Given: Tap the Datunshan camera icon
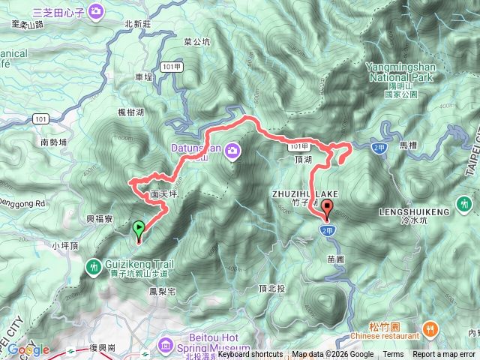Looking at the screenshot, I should click(233, 151).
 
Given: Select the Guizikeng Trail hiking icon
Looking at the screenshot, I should click(94, 265).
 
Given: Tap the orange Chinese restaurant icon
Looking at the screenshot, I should click(430, 328).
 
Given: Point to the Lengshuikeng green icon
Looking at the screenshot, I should click(464, 202).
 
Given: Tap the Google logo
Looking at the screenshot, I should click(29, 349).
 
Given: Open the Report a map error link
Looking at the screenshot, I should click(444, 355).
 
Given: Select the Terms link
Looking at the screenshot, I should click(393, 355).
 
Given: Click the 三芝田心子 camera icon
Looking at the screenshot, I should click(96, 11).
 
